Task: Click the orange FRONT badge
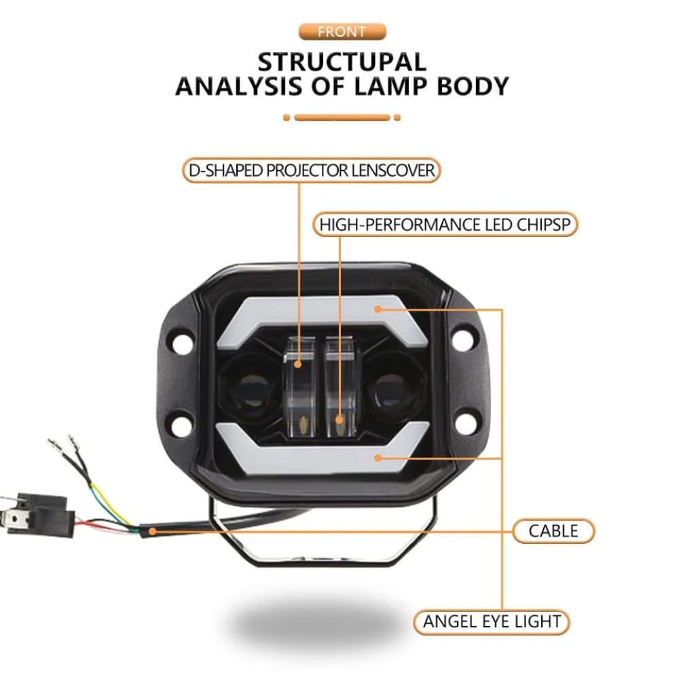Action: tap(342, 31)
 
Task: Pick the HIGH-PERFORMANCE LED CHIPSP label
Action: tap(445, 225)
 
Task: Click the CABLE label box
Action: tap(553, 530)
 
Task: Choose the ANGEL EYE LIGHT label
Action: tap(492, 621)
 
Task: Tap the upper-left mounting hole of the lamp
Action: tap(181, 342)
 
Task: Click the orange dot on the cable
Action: tap(153, 530)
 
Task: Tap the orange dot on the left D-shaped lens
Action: tap(299, 365)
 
